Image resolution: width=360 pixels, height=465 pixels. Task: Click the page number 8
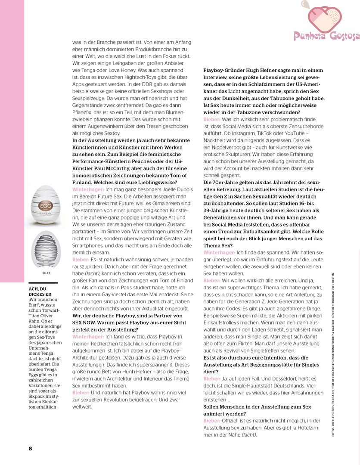click(x=31, y=448)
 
